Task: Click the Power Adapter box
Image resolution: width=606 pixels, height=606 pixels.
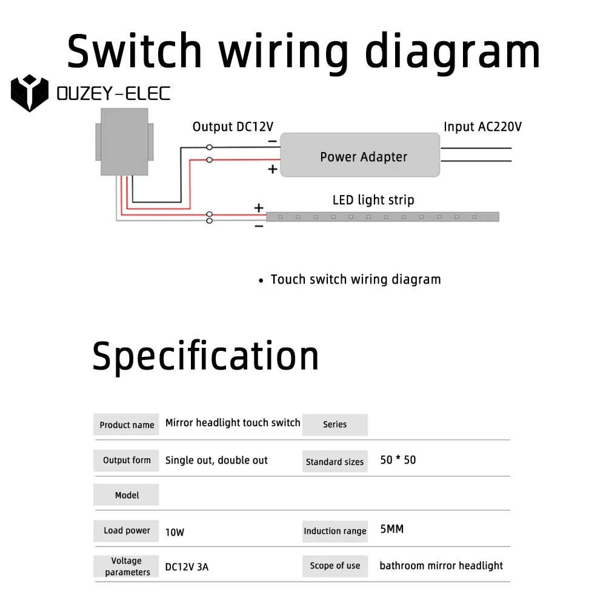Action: (x=363, y=155)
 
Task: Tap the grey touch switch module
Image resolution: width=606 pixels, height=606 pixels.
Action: (x=124, y=142)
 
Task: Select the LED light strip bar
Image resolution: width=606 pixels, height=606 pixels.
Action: (x=382, y=216)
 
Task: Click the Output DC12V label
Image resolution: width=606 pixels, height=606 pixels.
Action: (x=233, y=127)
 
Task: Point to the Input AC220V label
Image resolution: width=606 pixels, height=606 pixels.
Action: (x=482, y=127)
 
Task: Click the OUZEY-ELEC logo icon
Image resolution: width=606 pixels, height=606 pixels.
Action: (x=29, y=93)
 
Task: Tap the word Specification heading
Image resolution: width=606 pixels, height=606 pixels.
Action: (x=205, y=356)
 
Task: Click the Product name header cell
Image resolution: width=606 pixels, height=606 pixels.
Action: (x=127, y=425)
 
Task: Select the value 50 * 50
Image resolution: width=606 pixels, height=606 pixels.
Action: (x=398, y=460)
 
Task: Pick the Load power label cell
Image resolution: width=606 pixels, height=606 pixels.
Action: (x=127, y=530)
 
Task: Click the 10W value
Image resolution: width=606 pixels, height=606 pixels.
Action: (x=175, y=533)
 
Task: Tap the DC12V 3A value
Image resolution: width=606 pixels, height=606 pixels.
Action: (x=187, y=567)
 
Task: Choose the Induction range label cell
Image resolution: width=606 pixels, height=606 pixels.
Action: (x=335, y=531)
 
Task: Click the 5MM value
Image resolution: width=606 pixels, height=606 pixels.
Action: (x=391, y=529)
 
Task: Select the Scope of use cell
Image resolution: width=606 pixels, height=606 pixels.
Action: (x=335, y=565)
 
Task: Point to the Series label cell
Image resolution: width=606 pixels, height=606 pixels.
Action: (x=335, y=425)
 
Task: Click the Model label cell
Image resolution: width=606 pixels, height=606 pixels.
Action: (x=127, y=495)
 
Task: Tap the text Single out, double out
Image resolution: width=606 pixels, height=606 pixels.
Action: (x=216, y=460)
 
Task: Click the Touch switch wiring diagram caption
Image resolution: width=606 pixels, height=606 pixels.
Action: (x=356, y=279)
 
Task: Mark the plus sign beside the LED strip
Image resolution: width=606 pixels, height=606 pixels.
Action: (x=259, y=208)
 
